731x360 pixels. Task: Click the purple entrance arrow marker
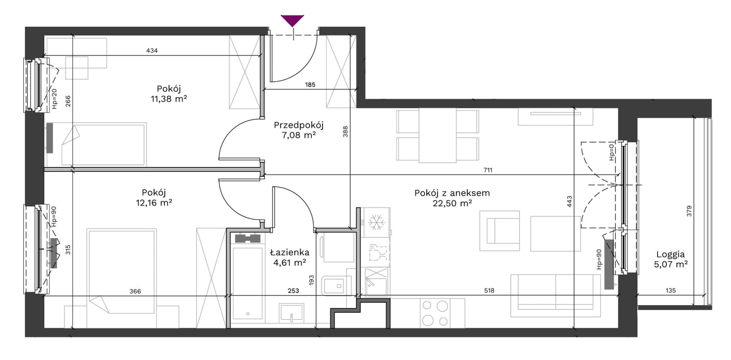pyautogui.click(x=292, y=20)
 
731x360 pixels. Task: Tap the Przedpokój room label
pyautogui.click(x=299, y=125)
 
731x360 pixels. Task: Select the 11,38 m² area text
pyautogui.click(x=169, y=99)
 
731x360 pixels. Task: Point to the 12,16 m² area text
pyautogui.click(x=154, y=203)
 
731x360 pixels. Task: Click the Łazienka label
pyautogui.click(x=290, y=252)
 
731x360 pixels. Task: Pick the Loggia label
pyautogui.click(x=670, y=255)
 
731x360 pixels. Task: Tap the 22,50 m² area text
pyautogui.click(x=452, y=203)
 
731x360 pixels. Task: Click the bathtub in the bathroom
pyautogui.click(x=247, y=284)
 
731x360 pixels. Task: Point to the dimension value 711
pyautogui.click(x=488, y=170)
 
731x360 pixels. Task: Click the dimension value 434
pyautogui.click(x=152, y=50)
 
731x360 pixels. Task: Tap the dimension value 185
pyautogui.click(x=310, y=85)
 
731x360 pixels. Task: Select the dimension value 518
pyautogui.click(x=489, y=290)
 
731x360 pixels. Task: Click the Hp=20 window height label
pyautogui.click(x=54, y=99)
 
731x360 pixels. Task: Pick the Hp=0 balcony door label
pyautogui.click(x=611, y=152)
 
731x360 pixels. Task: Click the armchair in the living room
pyautogui.click(x=500, y=231)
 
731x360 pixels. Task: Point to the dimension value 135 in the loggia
pyautogui.click(x=670, y=290)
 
